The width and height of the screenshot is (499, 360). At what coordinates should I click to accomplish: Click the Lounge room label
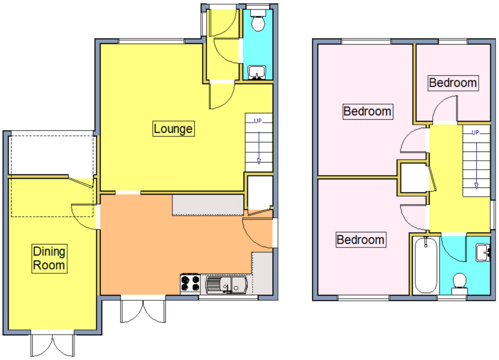[173, 129]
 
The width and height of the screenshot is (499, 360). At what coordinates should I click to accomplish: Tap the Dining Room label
[49, 258]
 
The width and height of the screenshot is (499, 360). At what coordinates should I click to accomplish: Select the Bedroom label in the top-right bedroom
[453, 83]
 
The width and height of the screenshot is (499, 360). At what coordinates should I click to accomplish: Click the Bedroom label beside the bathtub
[361, 240]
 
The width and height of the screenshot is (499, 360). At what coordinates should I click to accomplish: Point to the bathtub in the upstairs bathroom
[426, 266]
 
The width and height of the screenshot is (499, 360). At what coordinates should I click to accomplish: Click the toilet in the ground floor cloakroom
[258, 20]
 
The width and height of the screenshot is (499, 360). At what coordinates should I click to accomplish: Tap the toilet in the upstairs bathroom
[459, 283]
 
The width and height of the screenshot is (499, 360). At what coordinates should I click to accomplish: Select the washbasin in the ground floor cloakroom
[257, 72]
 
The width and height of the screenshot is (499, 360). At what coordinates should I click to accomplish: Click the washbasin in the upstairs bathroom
[483, 253]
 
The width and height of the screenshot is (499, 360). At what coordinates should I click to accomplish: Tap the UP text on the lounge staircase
[258, 121]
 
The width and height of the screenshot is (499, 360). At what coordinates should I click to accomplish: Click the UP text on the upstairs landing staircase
[475, 133]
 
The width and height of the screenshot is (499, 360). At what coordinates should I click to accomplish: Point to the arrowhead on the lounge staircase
[259, 161]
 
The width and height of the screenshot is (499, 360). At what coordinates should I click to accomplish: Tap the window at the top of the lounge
[151, 41]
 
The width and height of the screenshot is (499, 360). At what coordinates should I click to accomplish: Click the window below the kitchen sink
[228, 297]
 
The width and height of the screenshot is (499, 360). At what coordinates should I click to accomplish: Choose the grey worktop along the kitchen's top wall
[208, 205]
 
